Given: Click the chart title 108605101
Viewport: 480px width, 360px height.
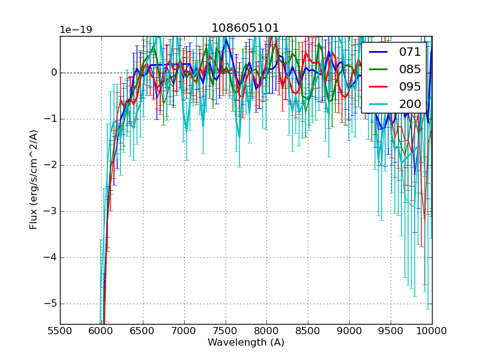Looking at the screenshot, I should pos(245,28).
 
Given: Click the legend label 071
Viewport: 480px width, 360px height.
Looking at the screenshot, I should pos(410,52).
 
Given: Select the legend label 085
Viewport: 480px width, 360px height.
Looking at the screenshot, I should pos(410,70).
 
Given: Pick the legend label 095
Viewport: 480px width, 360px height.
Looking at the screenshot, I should pos(410,86).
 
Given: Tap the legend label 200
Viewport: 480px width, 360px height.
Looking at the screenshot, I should pos(410,104).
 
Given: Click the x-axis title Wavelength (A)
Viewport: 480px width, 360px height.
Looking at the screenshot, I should pos(246,343).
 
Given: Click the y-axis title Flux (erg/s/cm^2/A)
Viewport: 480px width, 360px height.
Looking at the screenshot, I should pos(34,179).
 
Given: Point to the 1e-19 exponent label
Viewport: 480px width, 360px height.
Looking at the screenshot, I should pos(76,30).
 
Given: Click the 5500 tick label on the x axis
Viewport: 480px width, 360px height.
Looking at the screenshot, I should pos(60,330).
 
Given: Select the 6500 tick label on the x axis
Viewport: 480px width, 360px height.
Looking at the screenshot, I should pos(143,330).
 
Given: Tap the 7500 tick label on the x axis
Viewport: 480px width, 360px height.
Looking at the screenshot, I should pos(226,330).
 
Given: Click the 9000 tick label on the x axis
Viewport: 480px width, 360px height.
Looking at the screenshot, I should pos(349,330).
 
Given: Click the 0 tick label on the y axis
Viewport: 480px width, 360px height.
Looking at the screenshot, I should pos(53,73).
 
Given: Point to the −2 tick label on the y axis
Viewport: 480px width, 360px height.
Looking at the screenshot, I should pos(50,165).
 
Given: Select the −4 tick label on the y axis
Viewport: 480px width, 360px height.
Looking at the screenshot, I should pos(50,257).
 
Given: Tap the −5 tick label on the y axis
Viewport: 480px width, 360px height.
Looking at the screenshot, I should pos(50,304).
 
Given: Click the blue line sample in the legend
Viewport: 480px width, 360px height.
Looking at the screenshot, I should pos(377,52).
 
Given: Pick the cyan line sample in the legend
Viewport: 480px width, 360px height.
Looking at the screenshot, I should pos(377,104).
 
